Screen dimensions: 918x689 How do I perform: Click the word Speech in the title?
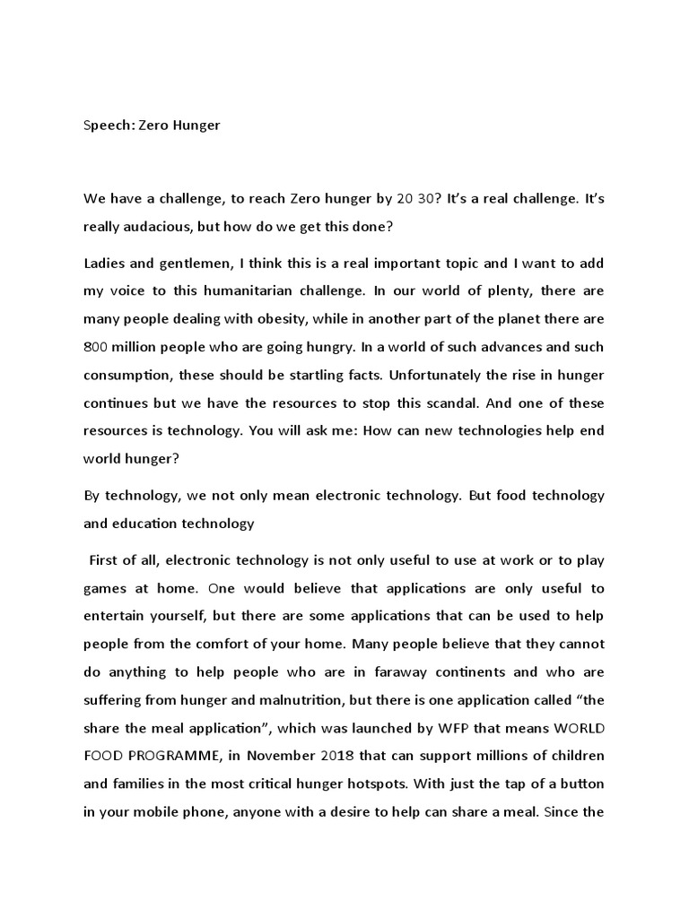[x=107, y=126]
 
